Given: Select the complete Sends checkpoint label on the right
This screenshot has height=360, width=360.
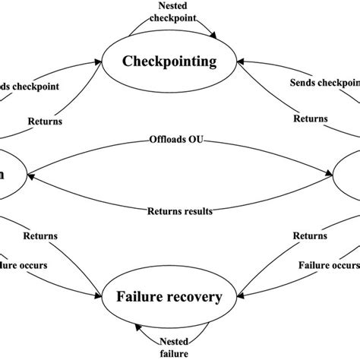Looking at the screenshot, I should coord(324,82).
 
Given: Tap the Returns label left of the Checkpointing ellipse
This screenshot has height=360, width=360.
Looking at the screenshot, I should coord(46,119).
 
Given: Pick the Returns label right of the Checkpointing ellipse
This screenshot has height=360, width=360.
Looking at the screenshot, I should coord(312,119).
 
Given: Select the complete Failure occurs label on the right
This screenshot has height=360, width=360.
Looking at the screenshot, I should coord(328,267).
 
